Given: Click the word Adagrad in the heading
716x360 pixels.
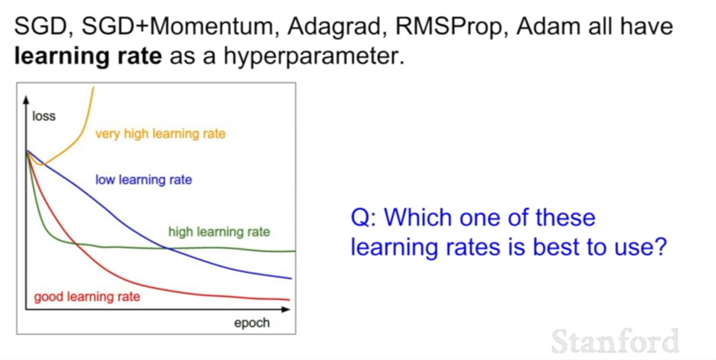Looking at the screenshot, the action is pyautogui.click(x=337, y=27).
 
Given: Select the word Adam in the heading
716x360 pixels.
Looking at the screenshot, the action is pyautogui.click(x=548, y=26).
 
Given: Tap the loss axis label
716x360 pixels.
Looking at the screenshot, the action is pyautogui.click(x=44, y=116).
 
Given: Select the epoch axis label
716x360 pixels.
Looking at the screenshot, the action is pyautogui.click(x=252, y=323).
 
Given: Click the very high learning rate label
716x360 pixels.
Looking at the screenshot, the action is pyautogui.click(x=160, y=134).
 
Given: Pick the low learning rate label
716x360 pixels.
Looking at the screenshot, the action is pyautogui.click(x=144, y=179).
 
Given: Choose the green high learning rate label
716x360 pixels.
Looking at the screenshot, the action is pyautogui.click(x=219, y=232).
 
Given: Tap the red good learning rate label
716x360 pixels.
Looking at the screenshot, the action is pyautogui.click(x=87, y=296).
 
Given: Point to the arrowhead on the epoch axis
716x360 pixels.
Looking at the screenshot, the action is pyautogui.click(x=286, y=309).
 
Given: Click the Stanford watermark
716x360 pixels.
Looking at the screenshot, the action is pyautogui.click(x=615, y=341).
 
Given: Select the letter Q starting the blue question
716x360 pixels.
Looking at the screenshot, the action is pyautogui.click(x=360, y=218).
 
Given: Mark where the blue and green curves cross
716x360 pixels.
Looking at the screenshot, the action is pyautogui.click(x=167, y=248).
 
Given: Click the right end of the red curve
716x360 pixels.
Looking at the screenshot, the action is pyautogui.click(x=289, y=299).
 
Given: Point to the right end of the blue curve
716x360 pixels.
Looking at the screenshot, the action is pyautogui.click(x=292, y=278).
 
